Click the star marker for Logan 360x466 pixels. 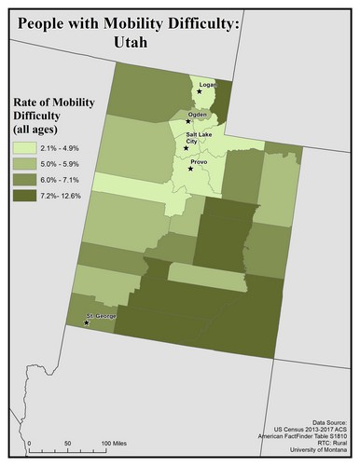pyautogui.click(x=199, y=91)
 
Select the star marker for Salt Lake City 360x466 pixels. pyautogui.click(x=186, y=148)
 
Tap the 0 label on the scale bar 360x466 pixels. pyautogui.click(x=29, y=442)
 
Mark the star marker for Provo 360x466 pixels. pyautogui.click(x=190, y=170)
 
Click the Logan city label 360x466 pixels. pyautogui.click(x=207, y=84)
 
